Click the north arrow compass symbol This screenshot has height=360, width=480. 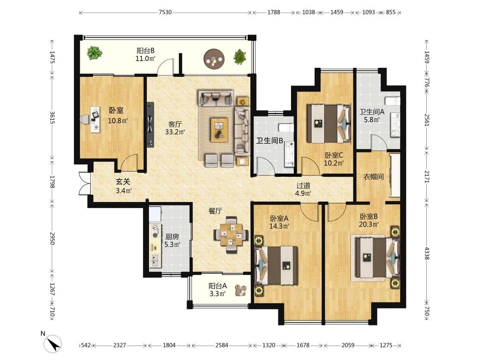pyautogui.click(x=53, y=343)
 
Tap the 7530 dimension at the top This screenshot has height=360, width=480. pyautogui.click(x=165, y=12)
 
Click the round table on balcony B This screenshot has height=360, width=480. pyautogui.click(x=214, y=58)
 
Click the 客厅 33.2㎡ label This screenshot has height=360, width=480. pyautogui.click(x=175, y=128)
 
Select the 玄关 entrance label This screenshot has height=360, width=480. pyautogui.click(x=123, y=182)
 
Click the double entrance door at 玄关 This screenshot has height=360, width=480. pyautogui.click(x=85, y=183)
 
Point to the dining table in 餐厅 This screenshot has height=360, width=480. pyautogui.click(x=231, y=235)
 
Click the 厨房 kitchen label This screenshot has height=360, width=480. pyautogui.click(x=172, y=237)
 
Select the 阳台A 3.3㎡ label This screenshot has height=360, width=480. pyautogui.click(x=218, y=290)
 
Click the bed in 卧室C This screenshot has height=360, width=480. pyautogui.click(x=329, y=124)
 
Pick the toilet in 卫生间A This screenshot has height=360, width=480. pyautogui.click(x=392, y=101)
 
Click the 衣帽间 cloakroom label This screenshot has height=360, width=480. pyautogui.click(x=373, y=177)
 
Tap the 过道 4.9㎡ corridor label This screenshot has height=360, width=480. pyautogui.click(x=303, y=189)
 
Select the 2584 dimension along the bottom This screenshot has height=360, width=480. pyautogui.click(x=221, y=345)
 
